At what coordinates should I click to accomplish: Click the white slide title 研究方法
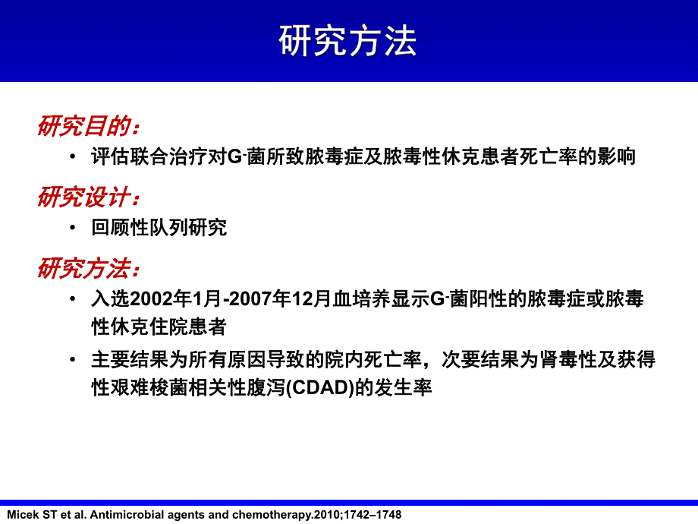coord(348,43)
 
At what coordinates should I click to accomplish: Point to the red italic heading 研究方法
coord(88,269)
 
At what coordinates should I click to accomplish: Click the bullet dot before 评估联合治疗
coord(71,158)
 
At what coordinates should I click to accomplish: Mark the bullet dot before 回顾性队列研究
coord(71,229)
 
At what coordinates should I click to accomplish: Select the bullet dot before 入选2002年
coord(71,300)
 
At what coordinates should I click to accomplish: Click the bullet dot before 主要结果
coord(71,360)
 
